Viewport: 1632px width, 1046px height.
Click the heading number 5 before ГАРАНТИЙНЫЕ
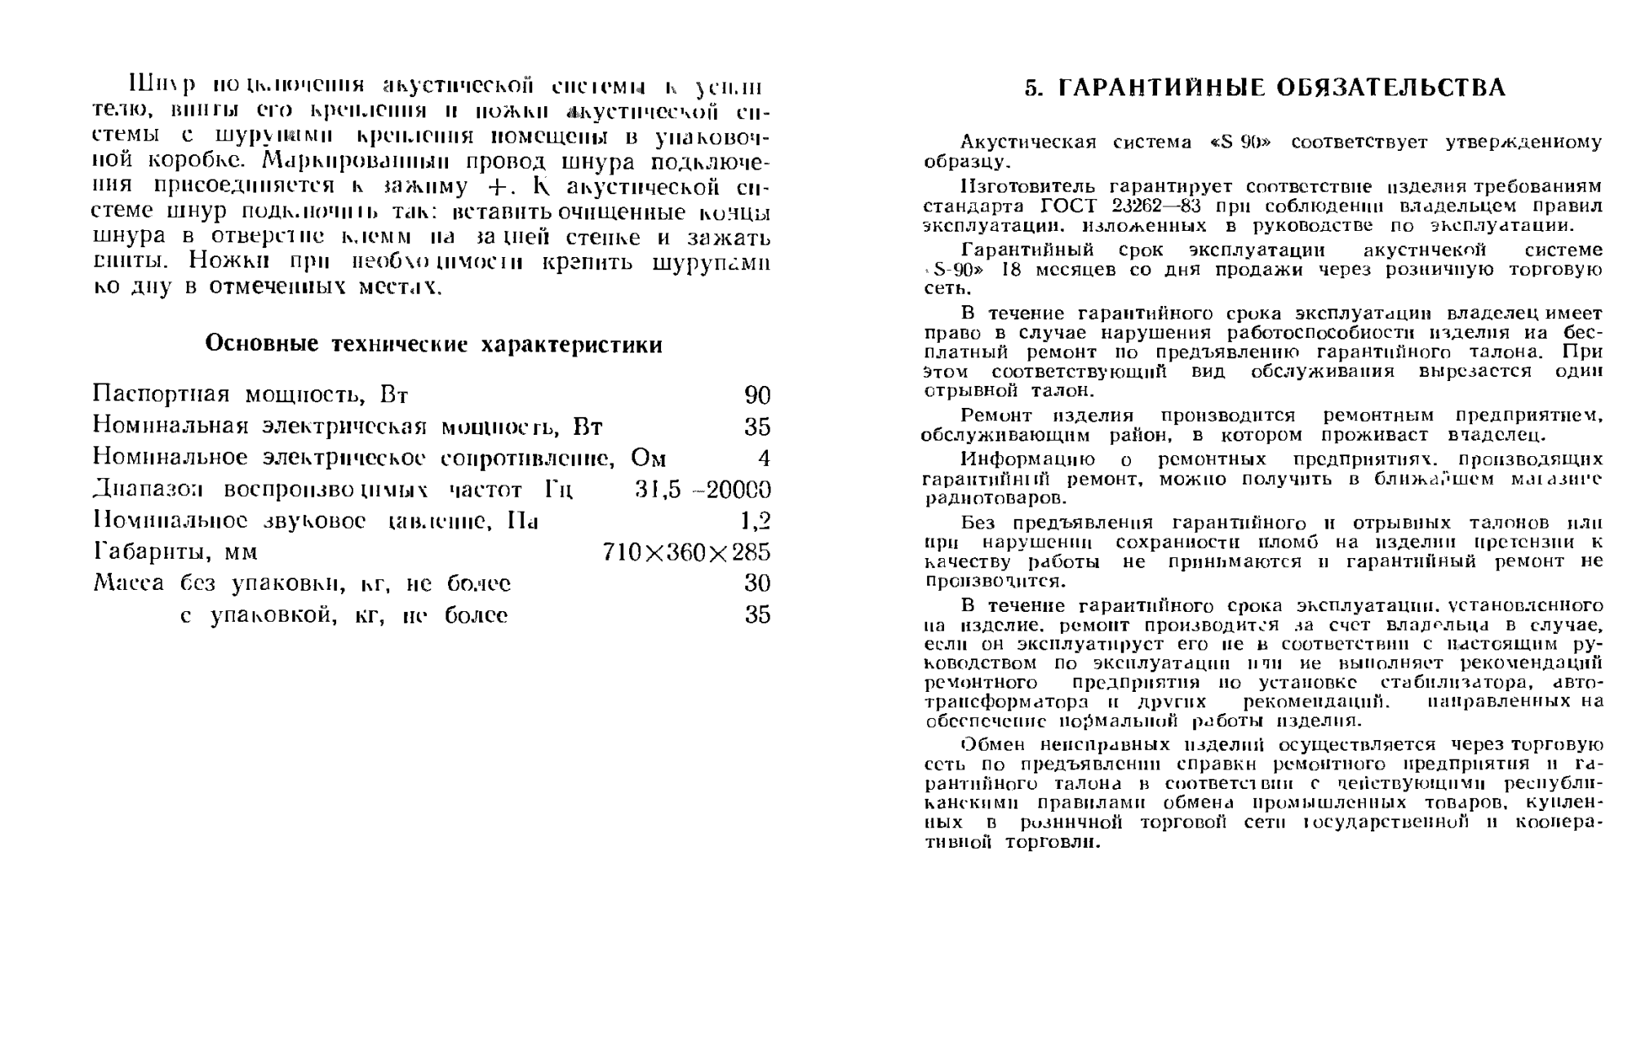(x=1031, y=88)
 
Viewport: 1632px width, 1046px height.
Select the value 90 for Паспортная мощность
(x=757, y=396)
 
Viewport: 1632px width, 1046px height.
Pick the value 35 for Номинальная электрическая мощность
(x=757, y=428)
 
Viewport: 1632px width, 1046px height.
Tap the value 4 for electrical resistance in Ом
(x=764, y=459)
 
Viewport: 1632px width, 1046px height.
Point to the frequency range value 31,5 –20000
(x=703, y=490)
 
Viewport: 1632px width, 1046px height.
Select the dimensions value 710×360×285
(x=686, y=553)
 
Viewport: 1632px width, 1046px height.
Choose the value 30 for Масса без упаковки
(x=757, y=584)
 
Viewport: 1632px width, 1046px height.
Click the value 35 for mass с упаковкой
(x=757, y=615)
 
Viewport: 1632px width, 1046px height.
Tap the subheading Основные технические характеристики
(x=433, y=345)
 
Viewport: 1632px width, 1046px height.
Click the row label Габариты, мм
(x=175, y=553)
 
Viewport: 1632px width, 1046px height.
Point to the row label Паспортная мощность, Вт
(x=250, y=396)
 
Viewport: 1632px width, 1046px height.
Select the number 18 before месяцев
(x=1010, y=269)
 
